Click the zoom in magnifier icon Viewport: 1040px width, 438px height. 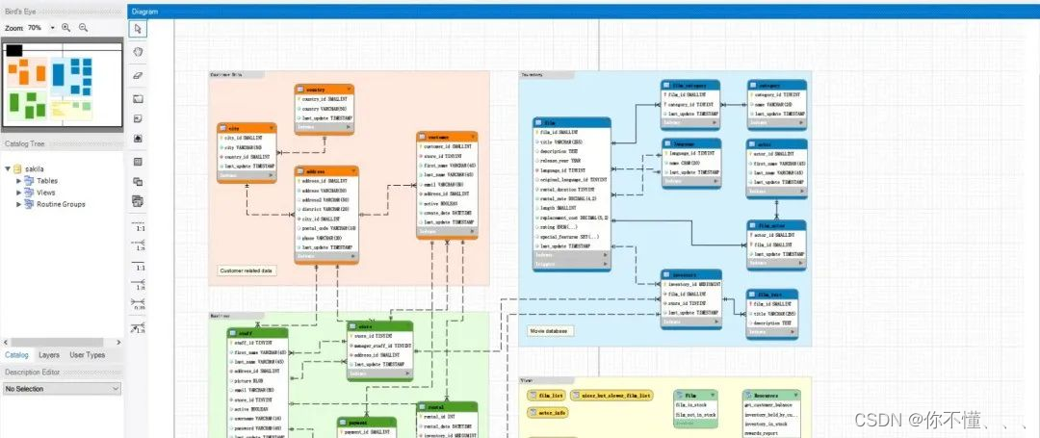[66, 28]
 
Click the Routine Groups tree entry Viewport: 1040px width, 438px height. [61, 204]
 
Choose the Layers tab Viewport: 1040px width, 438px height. [49, 355]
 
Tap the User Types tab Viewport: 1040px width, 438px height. [87, 355]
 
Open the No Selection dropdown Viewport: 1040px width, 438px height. [62, 389]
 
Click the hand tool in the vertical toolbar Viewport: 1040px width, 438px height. [138, 51]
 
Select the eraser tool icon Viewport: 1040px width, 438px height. [138, 74]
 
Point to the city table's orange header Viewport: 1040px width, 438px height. [247, 127]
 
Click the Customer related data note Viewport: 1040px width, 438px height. [247, 271]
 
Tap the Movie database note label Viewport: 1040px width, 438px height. [550, 331]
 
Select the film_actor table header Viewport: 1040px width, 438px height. [775, 225]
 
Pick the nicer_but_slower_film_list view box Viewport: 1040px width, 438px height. [613, 395]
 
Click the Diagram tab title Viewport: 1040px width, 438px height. [144, 11]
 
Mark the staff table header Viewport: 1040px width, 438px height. [256, 333]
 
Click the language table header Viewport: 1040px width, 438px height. [690, 142]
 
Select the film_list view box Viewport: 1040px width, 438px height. [550, 395]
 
